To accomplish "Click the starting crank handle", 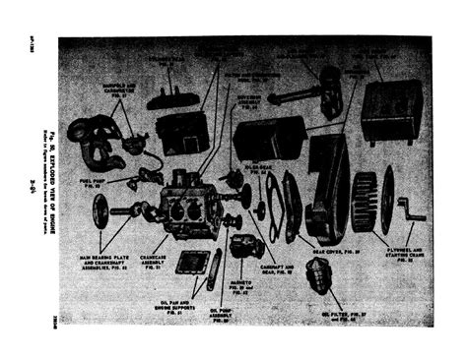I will pos(412,210).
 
